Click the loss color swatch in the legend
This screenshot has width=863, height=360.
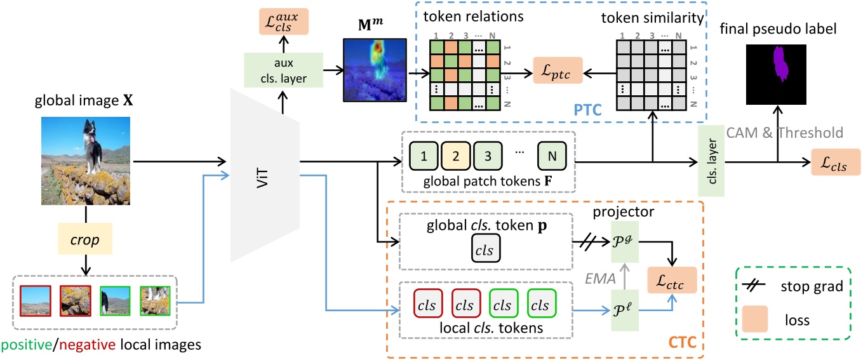pos(756,319)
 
